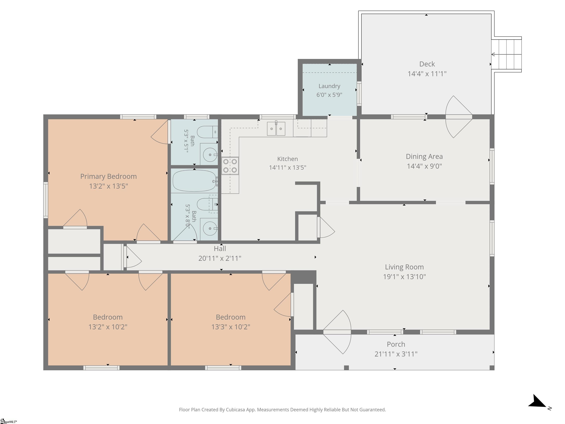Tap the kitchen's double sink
276,129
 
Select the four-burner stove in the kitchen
230,166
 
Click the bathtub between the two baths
195,181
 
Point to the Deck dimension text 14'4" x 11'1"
427,74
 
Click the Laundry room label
329,86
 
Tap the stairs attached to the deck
506,54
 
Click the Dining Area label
424,156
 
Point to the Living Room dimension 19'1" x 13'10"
404,277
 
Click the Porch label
396,344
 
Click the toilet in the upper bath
207,132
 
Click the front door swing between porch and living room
337,332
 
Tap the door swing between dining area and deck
459,117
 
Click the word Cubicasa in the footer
235,410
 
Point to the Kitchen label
288,159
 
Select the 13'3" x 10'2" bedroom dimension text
231,327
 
